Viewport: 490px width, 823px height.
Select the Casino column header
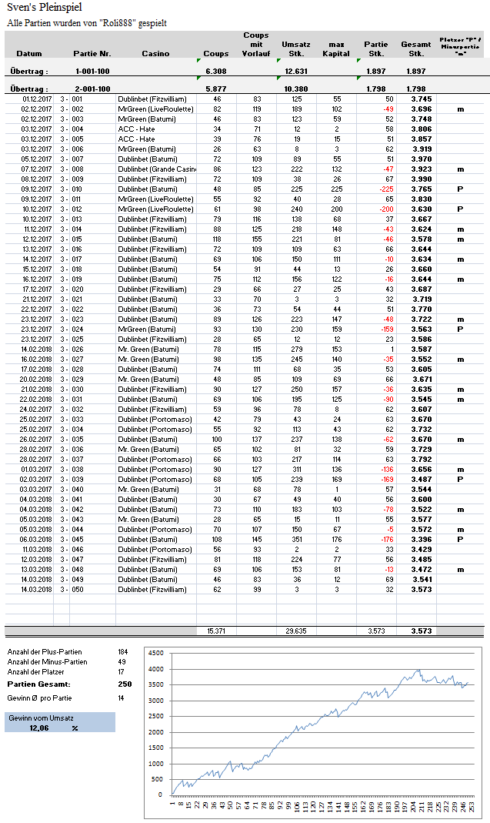(x=156, y=54)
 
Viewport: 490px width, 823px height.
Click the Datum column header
(x=29, y=54)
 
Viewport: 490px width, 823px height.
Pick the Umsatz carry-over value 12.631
(x=296, y=71)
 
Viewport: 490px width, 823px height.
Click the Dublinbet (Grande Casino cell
(x=156, y=169)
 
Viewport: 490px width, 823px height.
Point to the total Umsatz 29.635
(x=296, y=631)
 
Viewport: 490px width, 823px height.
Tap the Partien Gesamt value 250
(x=125, y=684)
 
